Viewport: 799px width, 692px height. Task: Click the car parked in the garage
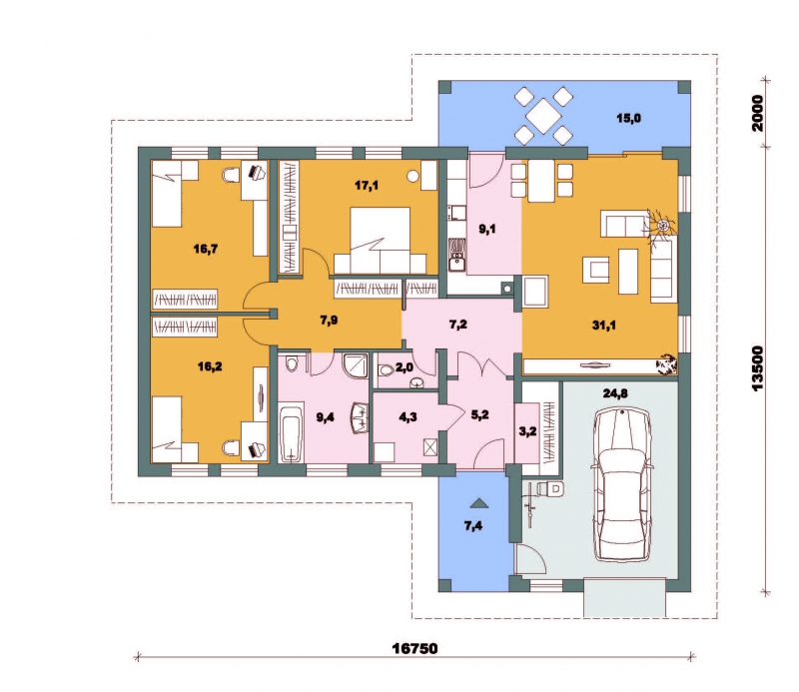(x=622, y=484)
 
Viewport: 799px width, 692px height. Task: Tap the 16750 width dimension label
(x=414, y=648)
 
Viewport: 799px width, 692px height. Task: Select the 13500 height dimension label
(x=758, y=368)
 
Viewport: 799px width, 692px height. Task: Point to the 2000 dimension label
(x=758, y=113)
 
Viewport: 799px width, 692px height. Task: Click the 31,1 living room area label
(x=603, y=325)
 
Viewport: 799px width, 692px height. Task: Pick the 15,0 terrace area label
(x=629, y=118)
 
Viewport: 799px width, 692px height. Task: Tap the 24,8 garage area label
(x=615, y=393)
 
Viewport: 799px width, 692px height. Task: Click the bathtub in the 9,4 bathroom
(x=291, y=432)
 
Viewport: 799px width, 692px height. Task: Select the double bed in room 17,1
(x=381, y=240)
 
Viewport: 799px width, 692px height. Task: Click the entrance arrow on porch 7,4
(x=478, y=503)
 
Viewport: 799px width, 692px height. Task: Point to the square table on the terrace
(x=543, y=115)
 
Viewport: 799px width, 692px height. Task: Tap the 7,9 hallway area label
(x=329, y=321)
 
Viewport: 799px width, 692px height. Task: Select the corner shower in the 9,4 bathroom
(x=356, y=365)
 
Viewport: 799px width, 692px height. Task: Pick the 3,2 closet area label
(x=527, y=431)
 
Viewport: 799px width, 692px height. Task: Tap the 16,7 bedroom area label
(x=206, y=249)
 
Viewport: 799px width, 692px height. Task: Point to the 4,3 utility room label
(x=407, y=417)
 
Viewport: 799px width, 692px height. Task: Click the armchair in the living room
(x=596, y=269)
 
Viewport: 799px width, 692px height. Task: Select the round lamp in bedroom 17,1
(x=412, y=177)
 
